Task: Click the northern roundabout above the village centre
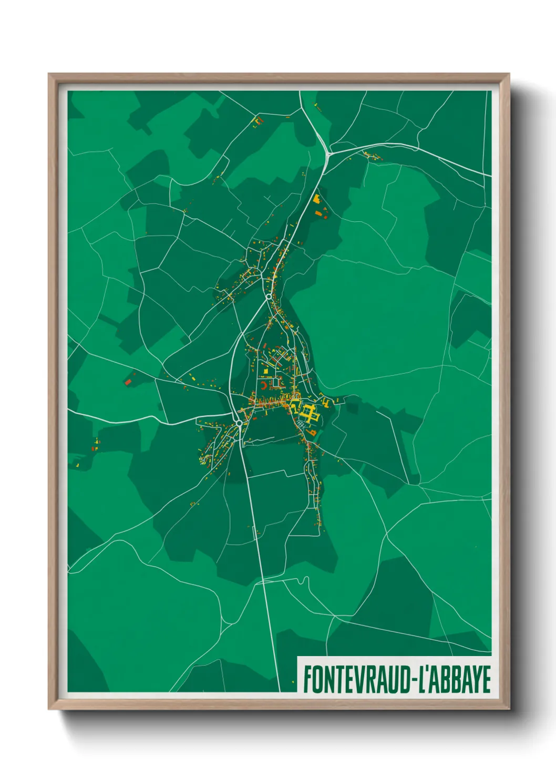tap(269, 297)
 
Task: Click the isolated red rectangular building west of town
tap(127, 382)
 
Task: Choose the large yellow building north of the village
tap(316, 199)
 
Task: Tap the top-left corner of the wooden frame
tap(49, 74)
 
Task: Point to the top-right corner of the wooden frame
tap(508, 74)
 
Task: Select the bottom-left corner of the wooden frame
tap(49, 709)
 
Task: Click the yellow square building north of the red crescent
tap(266, 372)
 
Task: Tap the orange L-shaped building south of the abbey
tap(312, 433)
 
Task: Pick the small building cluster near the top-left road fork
tap(258, 122)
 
